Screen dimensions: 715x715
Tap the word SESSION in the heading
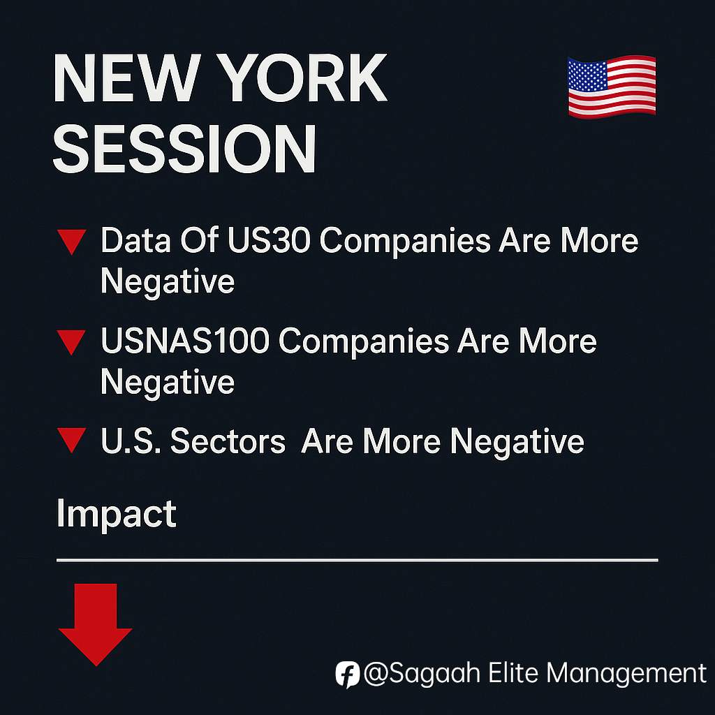[184, 149]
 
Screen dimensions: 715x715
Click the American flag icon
[612, 87]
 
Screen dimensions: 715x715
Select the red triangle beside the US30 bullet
[72, 242]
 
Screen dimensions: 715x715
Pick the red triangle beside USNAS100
[71, 342]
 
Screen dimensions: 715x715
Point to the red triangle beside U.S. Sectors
[72, 441]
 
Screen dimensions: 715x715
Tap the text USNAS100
[185, 341]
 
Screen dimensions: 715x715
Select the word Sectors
[228, 441]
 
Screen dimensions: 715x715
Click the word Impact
[117, 515]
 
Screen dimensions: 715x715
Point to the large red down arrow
[96, 625]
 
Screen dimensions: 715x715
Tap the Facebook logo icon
[348, 674]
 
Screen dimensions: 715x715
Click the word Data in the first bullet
[135, 240]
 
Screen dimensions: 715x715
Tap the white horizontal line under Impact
[357, 560]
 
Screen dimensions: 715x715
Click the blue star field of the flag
[587, 75]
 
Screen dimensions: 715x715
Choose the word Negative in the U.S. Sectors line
[517, 442]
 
